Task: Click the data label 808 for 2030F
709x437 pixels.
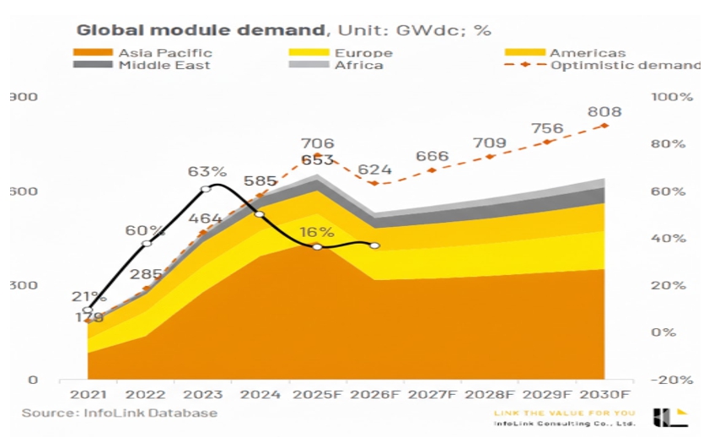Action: point(604,111)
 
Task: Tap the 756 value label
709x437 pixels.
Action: point(547,128)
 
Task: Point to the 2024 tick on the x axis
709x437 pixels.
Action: point(259,394)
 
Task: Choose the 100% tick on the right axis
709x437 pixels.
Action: point(673,97)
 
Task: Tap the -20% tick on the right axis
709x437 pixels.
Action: point(673,380)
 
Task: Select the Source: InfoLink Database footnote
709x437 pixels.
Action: point(120,413)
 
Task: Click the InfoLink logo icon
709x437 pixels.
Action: point(670,416)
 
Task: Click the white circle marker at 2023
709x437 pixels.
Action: point(205,189)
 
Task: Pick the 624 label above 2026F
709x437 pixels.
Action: point(374,170)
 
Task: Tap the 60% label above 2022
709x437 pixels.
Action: point(146,229)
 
